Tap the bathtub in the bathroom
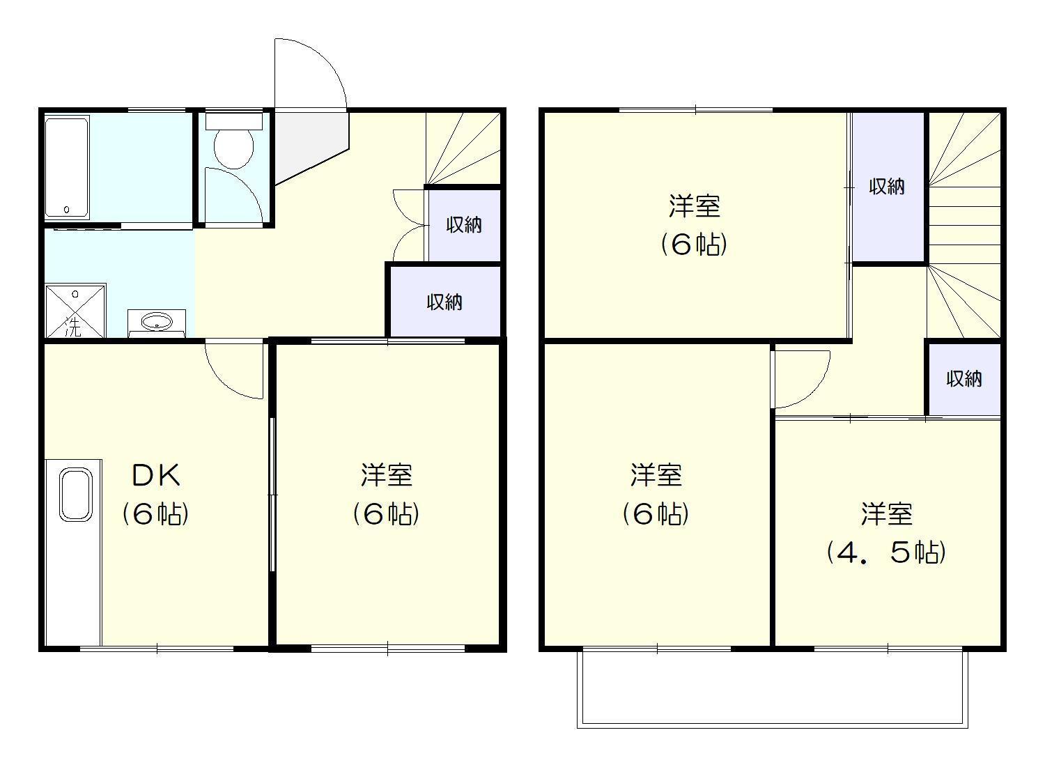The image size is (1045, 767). pos(67,167)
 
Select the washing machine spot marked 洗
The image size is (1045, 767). pos(75,310)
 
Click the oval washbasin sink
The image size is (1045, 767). pos(157,322)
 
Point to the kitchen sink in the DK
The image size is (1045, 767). pos(75,495)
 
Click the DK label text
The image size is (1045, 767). pos(156,475)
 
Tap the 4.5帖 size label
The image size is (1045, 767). pos(886,553)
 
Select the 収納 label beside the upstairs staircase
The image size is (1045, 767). pos(887,187)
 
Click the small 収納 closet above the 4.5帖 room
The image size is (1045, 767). pos(963,379)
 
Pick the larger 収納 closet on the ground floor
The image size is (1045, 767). pos(445,302)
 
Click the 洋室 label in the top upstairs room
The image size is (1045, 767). pos(695,206)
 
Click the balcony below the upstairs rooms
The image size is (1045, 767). pos(772,688)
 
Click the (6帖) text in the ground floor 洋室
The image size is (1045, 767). pos(386,514)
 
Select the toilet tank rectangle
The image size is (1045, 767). pos(233,121)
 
